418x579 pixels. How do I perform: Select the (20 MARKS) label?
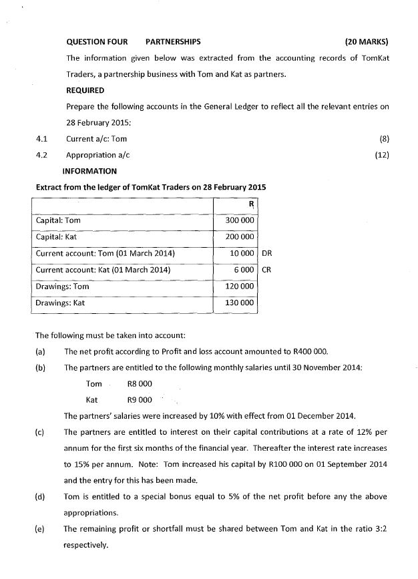pyautogui.click(x=367, y=41)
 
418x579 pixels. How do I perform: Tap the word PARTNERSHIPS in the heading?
pyautogui.click(x=173, y=41)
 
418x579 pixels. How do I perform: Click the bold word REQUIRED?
pyautogui.click(x=85, y=90)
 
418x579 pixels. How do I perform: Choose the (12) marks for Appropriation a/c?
pyautogui.click(x=383, y=155)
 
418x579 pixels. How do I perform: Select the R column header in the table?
pyautogui.click(x=251, y=204)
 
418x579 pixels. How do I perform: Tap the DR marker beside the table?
pyautogui.click(x=267, y=254)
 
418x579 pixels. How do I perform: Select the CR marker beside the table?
pyautogui.click(x=267, y=270)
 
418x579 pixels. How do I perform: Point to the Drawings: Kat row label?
pyautogui.click(x=60, y=303)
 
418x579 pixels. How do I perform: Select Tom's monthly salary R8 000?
pyautogui.click(x=140, y=384)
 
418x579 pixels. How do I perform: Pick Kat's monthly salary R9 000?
pyautogui.click(x=140, y=400)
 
